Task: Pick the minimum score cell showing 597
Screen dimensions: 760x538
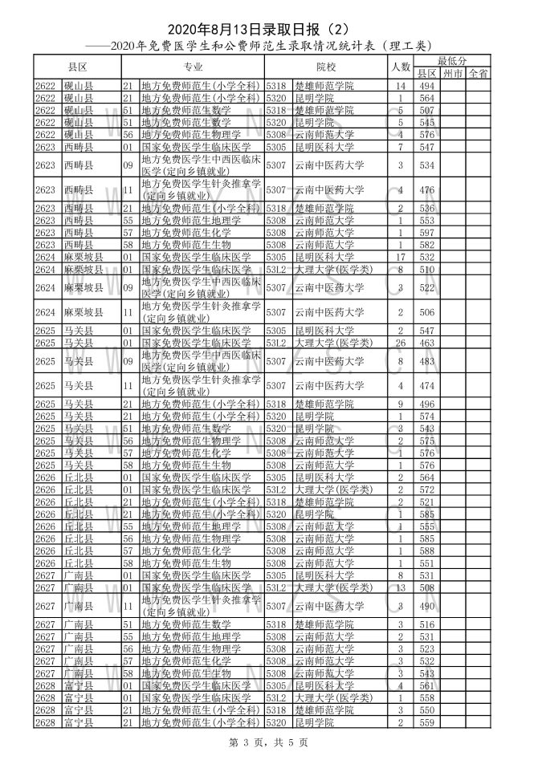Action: pos(426,232)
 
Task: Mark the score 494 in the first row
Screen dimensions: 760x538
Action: pos(426,86)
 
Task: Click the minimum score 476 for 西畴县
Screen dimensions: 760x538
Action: pos(426,190)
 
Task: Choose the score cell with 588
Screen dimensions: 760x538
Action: pos(426,551)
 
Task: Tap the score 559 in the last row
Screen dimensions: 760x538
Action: pos(426,722)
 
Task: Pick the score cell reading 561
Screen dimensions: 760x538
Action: pos(426,685)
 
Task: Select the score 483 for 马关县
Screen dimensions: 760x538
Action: pos(426,361)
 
